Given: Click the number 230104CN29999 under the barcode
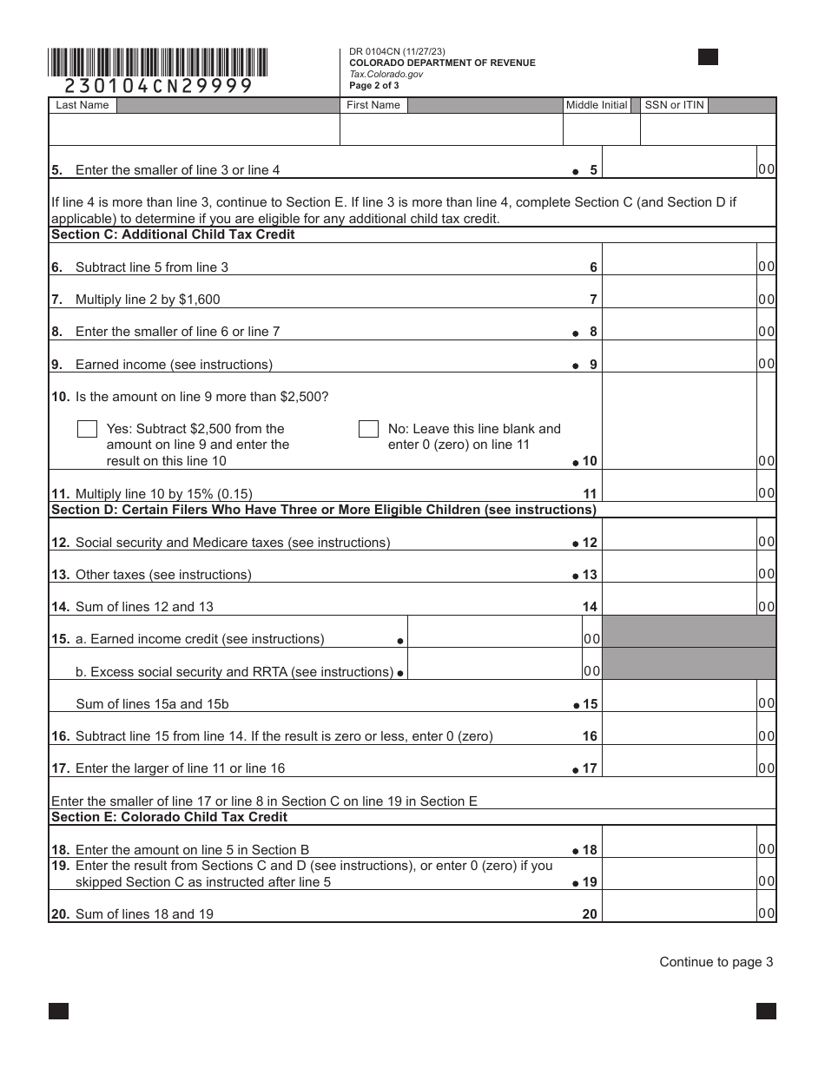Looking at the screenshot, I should [159, 85].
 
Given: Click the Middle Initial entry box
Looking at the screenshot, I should [601, 129].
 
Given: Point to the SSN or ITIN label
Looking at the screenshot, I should [675, 105].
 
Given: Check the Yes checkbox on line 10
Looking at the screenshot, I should [87, 429].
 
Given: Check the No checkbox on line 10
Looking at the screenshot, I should [368, 429].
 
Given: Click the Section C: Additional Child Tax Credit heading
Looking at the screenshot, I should [173, 234].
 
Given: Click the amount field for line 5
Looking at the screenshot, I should [678, 169].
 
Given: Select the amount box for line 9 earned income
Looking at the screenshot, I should [678, 364].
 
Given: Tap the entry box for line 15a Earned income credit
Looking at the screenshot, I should [493, 638].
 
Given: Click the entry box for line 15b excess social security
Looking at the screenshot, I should [493, 670].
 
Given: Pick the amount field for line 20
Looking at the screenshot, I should [678, 913].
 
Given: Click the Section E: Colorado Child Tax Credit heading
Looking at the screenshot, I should [169, 817].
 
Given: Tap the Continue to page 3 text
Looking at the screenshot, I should [716, 961].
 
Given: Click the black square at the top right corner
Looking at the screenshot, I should [708, 57].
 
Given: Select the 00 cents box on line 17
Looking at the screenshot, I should [766, 768].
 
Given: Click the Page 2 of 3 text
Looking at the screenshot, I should [374, 86].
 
